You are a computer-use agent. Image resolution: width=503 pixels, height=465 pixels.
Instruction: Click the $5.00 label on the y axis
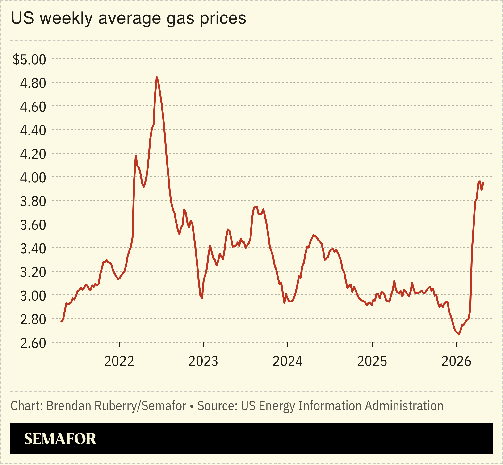coord(29,60)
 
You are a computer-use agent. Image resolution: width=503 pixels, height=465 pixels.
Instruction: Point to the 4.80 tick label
coord(33,83)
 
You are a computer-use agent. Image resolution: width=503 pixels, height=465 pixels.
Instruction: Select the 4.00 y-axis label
coord(33,178)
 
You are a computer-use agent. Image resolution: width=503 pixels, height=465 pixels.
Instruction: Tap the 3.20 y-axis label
coord(33,272)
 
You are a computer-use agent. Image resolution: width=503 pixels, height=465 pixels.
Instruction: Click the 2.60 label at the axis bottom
coord(33,343)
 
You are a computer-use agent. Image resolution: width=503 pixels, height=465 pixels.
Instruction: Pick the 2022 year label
coord(119,361)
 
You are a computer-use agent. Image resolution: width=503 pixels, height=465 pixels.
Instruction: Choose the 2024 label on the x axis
coord(287,361)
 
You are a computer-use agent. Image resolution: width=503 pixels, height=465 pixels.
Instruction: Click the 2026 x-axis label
coord(456,361)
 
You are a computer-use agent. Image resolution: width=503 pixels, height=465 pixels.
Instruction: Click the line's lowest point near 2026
coord(459,334)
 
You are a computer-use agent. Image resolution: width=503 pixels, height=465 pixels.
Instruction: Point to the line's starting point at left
coord(61,321)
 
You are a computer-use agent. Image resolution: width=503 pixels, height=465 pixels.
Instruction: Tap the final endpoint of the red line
coord(483,183)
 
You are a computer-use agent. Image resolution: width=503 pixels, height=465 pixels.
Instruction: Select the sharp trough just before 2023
coord(202,298)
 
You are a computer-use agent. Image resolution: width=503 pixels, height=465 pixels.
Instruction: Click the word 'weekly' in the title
coord(66,18)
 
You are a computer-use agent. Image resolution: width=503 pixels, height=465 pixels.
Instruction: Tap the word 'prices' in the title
coord(223,18)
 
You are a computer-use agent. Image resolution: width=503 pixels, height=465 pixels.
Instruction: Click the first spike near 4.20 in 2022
coord(136,155)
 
